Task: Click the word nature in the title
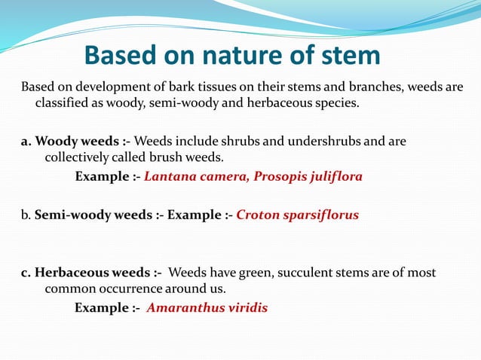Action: click(234, 56)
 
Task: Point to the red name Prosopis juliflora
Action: click(308, 177)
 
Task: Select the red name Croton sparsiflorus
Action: click(298, 215)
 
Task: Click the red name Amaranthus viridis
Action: click(207, 307)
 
